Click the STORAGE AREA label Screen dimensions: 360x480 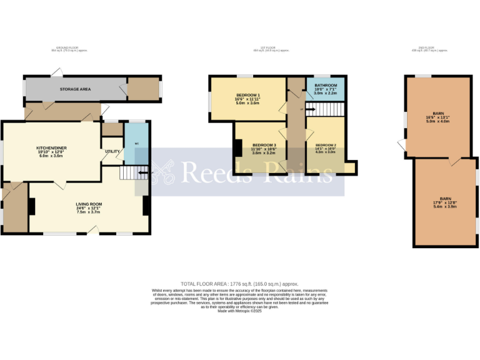click(x=75, y=89)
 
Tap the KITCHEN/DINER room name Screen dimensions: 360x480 click(x=51, y=147)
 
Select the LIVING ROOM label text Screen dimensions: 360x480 click(x=89, y=204)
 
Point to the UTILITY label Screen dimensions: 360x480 click(x=113, y=151)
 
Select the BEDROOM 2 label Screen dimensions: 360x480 click(x=326, y=144)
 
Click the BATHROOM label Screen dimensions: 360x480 click(x=326, y=85)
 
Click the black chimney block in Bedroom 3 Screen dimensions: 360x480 click(x=238, y=148)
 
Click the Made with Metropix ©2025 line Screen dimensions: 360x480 click(x=240, y=311)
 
